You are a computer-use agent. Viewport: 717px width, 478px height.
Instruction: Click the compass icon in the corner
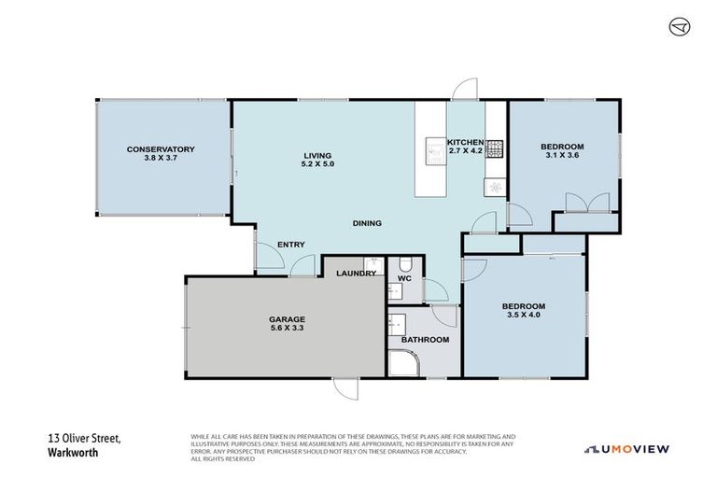click(680, 27)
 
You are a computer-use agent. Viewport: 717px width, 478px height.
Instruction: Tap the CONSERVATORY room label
click(161, 149)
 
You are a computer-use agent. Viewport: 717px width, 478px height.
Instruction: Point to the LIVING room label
click(317, 156)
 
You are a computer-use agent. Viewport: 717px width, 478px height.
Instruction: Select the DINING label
click(366, 223)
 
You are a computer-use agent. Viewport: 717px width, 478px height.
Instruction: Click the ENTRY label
click(291, 246)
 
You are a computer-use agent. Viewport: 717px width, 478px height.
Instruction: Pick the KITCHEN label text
click(464, 143)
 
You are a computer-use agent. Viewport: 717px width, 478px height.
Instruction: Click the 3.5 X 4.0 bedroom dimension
click(523, 315)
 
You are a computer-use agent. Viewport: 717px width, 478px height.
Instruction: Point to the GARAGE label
click(261, 319)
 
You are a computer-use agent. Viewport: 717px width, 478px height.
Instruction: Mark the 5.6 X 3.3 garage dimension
click(261, 329)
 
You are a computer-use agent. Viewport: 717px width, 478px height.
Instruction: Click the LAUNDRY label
click(358, 274)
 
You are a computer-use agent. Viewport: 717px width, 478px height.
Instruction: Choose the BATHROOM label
click(426, 340)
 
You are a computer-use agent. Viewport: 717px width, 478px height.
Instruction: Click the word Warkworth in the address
click(74, 454)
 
